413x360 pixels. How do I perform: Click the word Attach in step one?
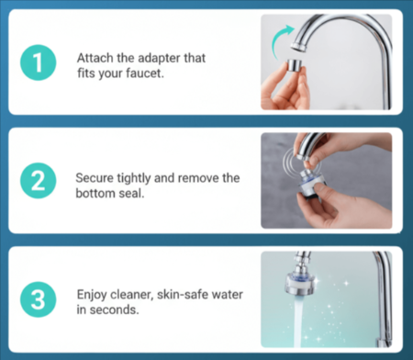click(95, 56)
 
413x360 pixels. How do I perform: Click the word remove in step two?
click(208, 174)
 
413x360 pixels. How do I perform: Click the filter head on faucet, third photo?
click(304, 275)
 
